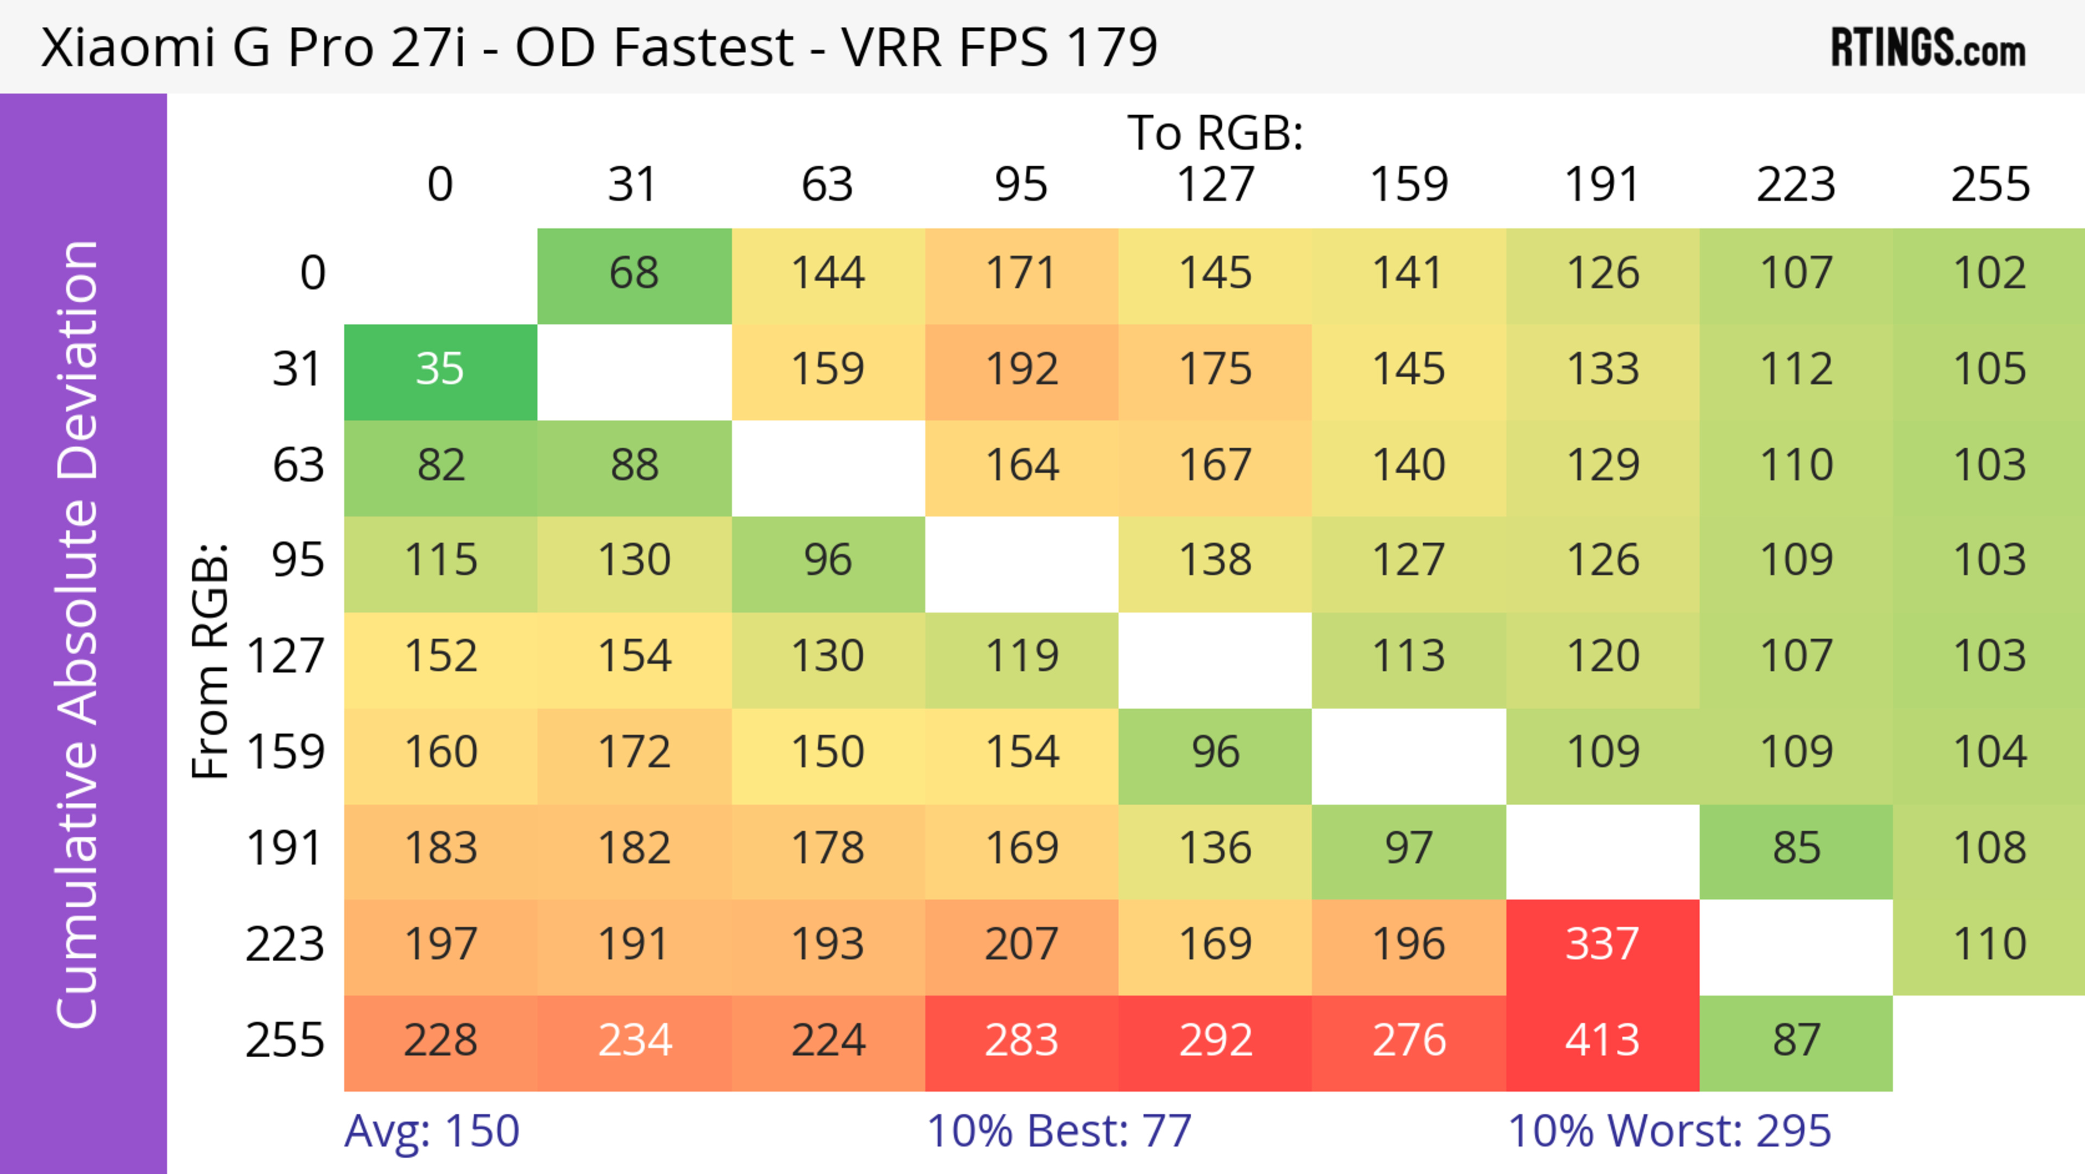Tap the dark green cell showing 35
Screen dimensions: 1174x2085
[440, 369]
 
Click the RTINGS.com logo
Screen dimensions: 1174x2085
[1928, 48]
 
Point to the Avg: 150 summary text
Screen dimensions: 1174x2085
[432, 1131]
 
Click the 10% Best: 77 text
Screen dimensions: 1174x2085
[1059, 1131]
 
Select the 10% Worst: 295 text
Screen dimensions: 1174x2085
[1669, 1131]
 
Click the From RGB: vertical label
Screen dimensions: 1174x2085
[210, 661]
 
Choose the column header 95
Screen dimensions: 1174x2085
[1021, 185]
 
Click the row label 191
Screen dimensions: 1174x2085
[285, 849]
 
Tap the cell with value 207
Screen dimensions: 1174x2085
[1021, 944]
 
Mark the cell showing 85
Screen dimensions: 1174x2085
[1796, 849]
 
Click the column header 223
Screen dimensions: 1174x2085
[1796, 185]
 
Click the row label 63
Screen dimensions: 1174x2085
[298, 466]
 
